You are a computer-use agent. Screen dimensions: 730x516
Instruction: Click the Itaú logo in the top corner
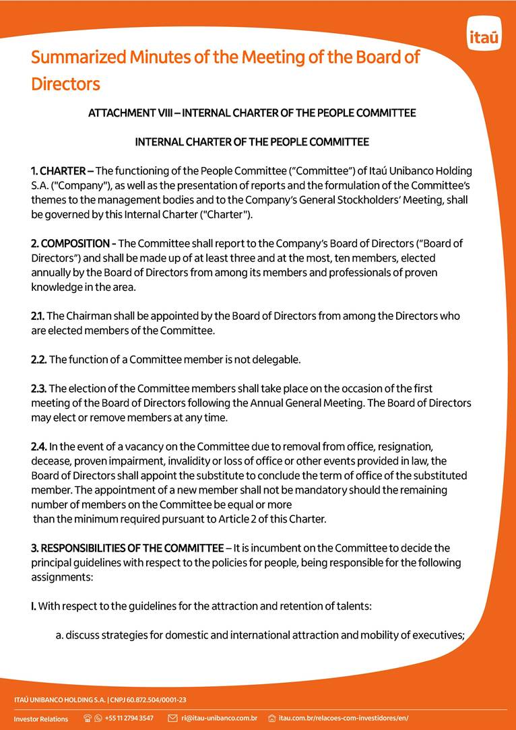point(484,37)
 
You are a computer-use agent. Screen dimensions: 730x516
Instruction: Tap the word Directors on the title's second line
point(65,84)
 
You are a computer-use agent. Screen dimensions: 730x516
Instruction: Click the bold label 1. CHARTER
point(58,171)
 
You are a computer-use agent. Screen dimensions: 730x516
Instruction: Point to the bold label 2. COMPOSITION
point(71,244)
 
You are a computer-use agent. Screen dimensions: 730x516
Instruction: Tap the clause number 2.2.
point(38,360)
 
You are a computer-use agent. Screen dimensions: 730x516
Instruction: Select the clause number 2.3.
point(38,389)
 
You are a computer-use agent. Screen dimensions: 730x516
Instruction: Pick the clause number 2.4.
point(39,447)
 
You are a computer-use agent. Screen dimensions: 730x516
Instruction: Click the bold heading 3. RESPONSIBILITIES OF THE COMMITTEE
point(127,549)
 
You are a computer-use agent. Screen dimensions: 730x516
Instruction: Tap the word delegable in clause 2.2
point(276,360)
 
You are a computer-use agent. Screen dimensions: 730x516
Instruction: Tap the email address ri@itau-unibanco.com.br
point(219,719)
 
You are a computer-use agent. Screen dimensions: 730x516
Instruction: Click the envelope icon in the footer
point(172,719)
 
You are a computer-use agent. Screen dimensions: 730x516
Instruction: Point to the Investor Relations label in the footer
point(41,719)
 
